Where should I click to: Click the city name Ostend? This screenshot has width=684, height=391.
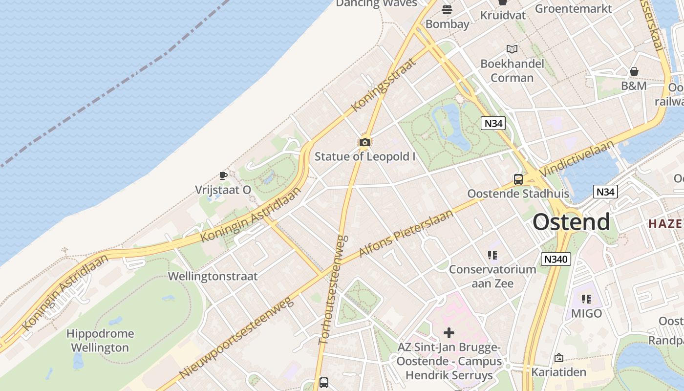point(571,222)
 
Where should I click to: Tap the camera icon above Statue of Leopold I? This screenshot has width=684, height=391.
point(364,142)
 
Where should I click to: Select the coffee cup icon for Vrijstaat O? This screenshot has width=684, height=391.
point(223,175)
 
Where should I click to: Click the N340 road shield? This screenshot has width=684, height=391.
point(556,259)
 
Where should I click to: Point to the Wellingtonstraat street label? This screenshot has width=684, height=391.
point(213,276)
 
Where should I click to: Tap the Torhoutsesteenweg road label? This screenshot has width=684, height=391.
point(333,290)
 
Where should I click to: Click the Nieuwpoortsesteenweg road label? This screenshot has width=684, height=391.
point(236,338)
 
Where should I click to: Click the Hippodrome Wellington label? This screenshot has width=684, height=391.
point(100,341)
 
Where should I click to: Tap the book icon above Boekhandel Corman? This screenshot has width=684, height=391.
point(512,49)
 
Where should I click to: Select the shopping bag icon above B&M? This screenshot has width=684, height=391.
point(634,71)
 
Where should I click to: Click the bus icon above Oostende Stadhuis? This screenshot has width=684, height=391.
point(518,179)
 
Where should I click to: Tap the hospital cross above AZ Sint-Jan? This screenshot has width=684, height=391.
point(449,333)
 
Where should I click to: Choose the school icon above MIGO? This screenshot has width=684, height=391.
point(586,299)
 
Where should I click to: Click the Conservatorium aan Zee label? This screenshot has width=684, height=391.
point(492,276)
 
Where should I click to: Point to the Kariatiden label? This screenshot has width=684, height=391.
point(558,372)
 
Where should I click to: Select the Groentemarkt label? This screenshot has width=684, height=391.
point(573,8)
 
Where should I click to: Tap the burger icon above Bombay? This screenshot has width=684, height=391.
point(447,10)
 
